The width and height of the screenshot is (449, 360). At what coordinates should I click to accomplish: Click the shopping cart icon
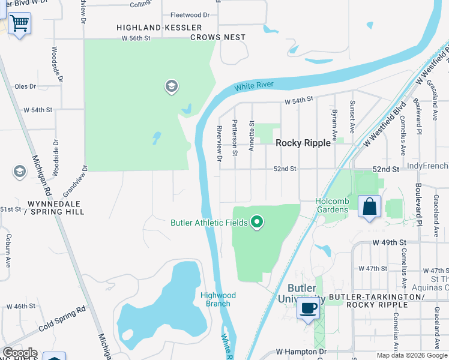tap(19, 24)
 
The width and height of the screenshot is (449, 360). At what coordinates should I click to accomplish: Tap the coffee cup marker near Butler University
tap(309, 308)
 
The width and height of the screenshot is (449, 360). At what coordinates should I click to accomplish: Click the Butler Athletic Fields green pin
tap(257, 223)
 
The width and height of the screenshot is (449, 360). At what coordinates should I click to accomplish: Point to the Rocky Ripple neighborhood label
tap(303, 143)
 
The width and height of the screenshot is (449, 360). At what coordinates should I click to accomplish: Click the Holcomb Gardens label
tap(332, 205)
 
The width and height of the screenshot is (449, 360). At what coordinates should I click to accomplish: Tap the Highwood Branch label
tap(218, 299)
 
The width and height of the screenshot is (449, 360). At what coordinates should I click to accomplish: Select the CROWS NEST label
tap(218, 37)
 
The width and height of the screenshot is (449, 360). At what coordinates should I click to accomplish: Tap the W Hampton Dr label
tap(301, 351)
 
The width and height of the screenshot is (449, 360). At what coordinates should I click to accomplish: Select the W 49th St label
tap(390, 242)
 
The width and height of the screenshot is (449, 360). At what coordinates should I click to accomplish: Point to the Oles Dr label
tap(25, 86)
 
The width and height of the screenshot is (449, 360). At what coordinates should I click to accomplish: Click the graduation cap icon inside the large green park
tap(171, 88)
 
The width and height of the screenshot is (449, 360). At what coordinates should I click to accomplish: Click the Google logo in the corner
tap(20, 353)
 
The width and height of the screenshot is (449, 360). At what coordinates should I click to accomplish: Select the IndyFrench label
tap(427, 166)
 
